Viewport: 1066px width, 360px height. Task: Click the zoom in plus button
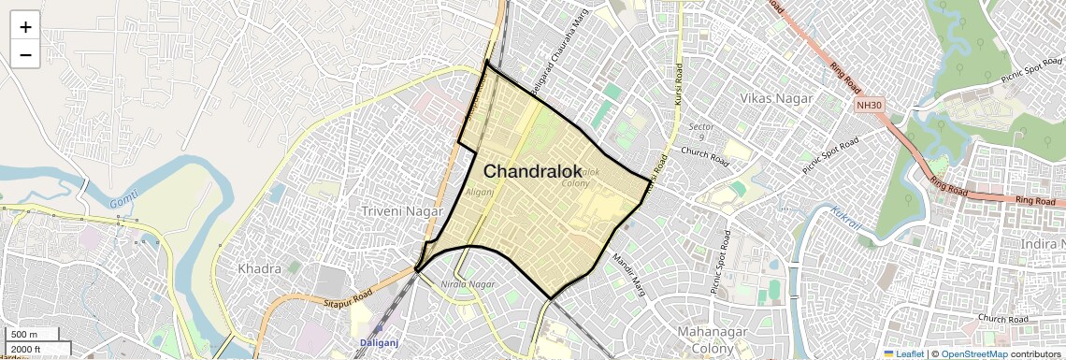[25, 26]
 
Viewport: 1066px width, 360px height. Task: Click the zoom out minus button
[25, 54]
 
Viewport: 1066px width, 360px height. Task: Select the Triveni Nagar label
[401, 211]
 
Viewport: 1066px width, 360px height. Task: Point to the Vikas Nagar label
[776, 98]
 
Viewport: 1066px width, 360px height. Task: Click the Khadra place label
[259, 268]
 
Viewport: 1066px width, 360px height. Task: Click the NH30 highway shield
[869, 105]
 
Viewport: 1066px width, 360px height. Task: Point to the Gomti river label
[123, 202]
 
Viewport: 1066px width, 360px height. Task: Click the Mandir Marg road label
[628, 270]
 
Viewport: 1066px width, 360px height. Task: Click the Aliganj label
[479, 192]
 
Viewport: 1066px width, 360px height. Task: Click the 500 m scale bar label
[25, 335]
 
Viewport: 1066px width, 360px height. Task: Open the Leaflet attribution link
[903, 353]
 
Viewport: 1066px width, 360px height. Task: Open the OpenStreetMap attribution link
[973, 353]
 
